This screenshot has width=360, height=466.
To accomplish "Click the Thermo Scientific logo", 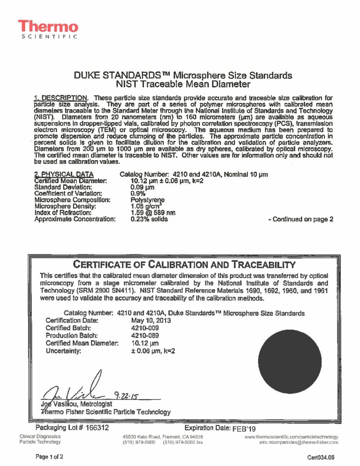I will [x=48, y=29].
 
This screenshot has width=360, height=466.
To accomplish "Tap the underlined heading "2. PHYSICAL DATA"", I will [x=64, y=174].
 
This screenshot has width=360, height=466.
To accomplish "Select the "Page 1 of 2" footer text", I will [x=50, y=456].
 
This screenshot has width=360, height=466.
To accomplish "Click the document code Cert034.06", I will [x=321, y=457].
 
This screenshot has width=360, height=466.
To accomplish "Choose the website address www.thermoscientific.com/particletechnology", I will [x=291, y=436].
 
